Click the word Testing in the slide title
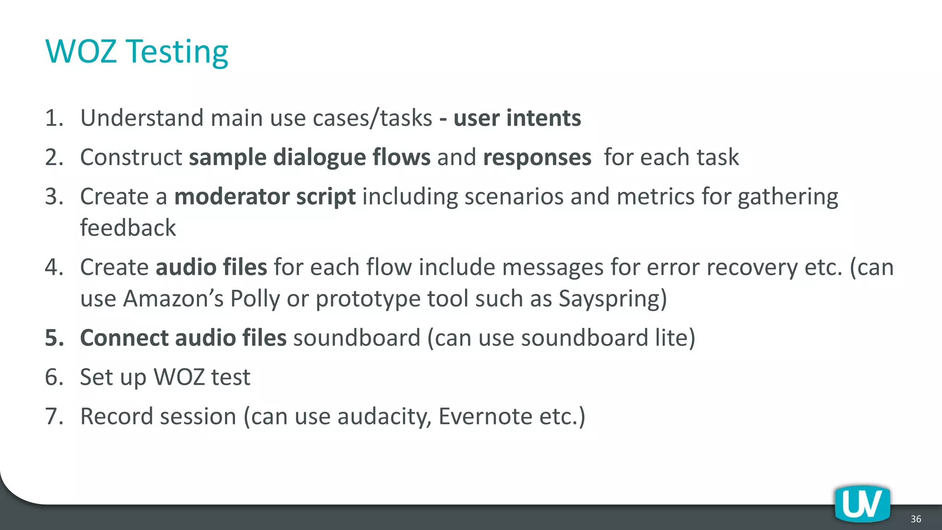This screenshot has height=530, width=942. pos(177,52)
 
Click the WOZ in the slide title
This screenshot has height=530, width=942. pos(81,51)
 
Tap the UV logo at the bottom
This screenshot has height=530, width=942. pos(862,503)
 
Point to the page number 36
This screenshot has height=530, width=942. pos(916,519)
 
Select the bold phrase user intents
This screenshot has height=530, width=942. pos(517,118)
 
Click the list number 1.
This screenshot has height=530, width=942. pos(54,118)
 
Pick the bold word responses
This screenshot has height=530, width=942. pos(537,157)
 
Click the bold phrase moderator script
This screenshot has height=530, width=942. pos(265,197)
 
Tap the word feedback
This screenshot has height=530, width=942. pos(128,228)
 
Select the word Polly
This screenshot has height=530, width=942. pos(255,299)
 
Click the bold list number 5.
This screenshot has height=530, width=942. pos(54,338)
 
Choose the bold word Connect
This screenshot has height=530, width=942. pos(124,338)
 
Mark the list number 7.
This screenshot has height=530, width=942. pos(54,416)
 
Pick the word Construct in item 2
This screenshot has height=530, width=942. pos(131,157)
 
